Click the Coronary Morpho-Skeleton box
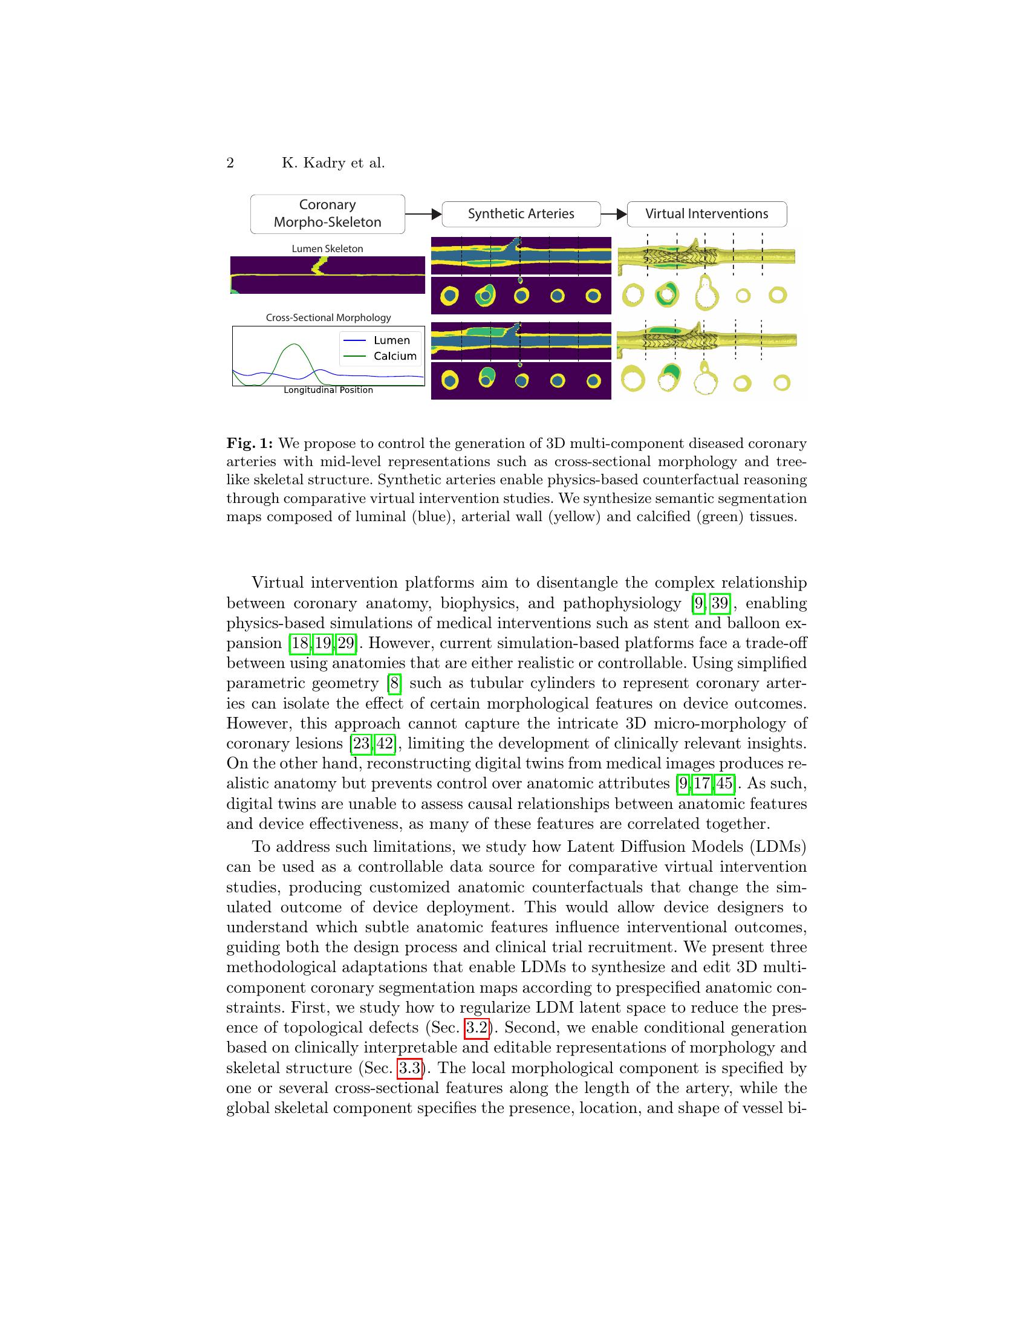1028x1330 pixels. pos(327,214)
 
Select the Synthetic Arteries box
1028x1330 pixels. pos(521,214)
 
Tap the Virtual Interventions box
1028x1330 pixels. pos(706,214)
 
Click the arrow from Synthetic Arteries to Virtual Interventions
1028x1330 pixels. pos(614,214)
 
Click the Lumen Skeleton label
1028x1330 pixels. pos(327,248)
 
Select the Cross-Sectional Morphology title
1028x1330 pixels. pos(328,317)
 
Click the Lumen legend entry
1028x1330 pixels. pos(392,340)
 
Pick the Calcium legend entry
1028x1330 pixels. pos(395,356)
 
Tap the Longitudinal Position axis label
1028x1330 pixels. pos(328,390)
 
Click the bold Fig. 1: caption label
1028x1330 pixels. pos(250,443)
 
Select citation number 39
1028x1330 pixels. pos(720,603)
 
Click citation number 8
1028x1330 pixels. pos(395,683)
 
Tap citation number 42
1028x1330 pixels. pos(385,744)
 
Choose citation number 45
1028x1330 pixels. pos(724,783)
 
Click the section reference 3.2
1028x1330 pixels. pos(477,1028)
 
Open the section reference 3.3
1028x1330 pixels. pos(410,1068)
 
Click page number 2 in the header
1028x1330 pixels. pos(230,163)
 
